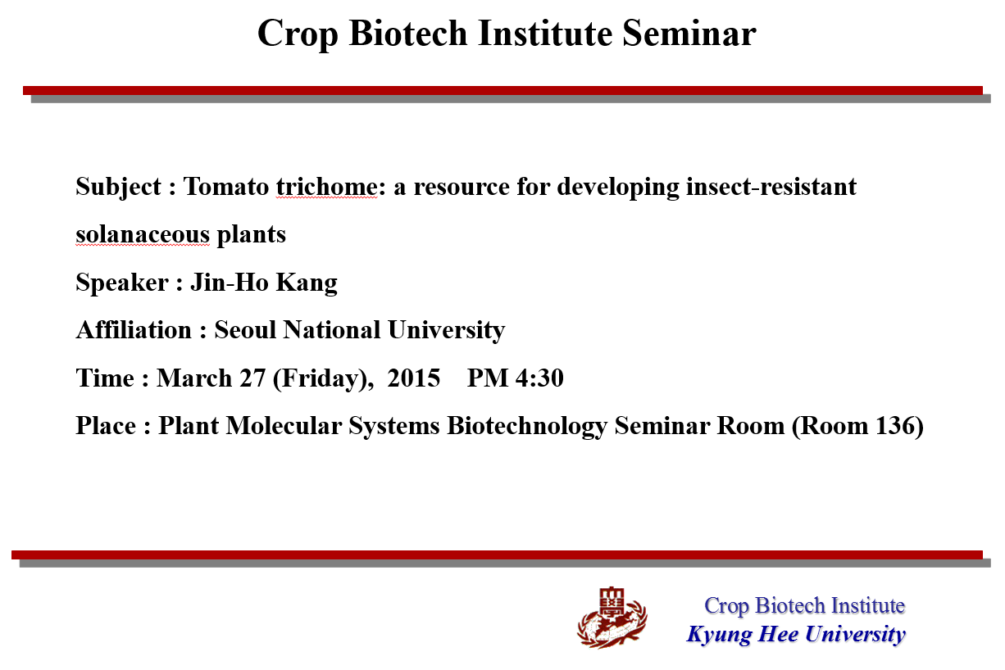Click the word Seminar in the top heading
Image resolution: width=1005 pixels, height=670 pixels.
pos(689,34)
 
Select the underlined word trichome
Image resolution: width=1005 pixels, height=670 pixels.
pos(326,187)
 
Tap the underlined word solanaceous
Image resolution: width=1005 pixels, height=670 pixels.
pos(143,234)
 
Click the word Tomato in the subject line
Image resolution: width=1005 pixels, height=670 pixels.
pos(225,187)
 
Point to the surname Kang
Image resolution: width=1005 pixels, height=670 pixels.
pos(306,283)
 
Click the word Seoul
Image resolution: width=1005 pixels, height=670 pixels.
pos(245,330)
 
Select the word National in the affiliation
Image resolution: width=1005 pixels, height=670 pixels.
pos(331,330)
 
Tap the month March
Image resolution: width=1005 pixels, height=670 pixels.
pos(193,378)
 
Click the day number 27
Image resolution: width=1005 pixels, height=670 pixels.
pos(252,378)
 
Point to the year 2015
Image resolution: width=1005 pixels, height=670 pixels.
pos(413,378)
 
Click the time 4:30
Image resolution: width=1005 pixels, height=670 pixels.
pos(539,378)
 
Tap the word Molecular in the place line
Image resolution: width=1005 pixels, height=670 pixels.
pos(284,426)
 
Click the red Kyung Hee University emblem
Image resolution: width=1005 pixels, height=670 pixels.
pos(612,618)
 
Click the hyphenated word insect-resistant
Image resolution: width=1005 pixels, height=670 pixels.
pos(771,187)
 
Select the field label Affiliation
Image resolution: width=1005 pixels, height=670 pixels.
pos(134,330)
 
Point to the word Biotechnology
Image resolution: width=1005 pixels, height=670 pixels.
pos(527,427)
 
